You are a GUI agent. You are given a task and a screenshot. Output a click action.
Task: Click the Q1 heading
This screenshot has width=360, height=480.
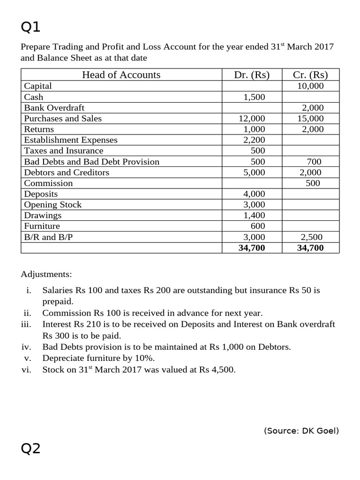coord(31,27)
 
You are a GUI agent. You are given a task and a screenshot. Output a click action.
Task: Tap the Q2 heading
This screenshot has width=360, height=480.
coord(31,449)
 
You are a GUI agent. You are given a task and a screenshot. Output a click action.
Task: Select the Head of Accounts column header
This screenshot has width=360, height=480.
coord(121,75)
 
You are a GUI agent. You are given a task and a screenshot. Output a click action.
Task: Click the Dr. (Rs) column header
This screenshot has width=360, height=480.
coord(252,75)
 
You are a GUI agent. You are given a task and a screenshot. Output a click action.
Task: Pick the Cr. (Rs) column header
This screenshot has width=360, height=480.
coord(310,75)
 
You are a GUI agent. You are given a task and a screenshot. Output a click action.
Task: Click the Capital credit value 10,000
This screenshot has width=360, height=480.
coord(310,86)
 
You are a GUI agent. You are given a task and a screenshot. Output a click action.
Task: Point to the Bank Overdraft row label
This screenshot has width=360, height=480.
coord(54,108)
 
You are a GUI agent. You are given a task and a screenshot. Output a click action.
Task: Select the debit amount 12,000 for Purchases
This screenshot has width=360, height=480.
coord(252,119)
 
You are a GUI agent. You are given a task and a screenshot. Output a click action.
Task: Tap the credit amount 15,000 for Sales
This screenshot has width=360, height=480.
coord(310,119)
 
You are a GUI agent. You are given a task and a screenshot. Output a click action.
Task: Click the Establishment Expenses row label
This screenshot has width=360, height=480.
coord(71,140)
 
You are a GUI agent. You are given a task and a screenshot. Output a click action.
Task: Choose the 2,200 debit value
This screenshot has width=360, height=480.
coord(254,140)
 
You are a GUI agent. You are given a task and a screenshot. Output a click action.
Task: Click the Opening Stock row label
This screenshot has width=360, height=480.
coord(52,205)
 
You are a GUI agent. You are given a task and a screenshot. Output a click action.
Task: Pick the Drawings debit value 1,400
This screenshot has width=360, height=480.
coord(254,216)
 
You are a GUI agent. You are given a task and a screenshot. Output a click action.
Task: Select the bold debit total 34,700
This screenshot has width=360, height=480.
coord(252,248)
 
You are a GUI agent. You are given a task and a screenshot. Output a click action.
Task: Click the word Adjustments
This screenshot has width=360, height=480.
coord(46,274)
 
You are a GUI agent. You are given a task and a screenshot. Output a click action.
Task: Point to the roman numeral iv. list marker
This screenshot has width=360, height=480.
coord(26,347)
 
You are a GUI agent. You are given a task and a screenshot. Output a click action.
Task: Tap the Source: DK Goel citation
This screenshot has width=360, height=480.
coord(301,430)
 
